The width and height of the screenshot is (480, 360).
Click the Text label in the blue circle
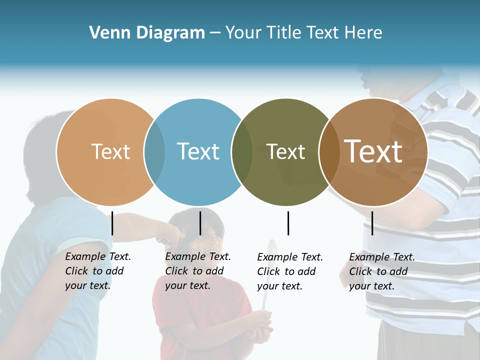[x=198, y=151]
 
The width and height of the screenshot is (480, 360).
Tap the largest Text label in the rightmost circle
[x=373, y=151]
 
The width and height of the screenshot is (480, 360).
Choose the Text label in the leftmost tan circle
[x=110, y=151]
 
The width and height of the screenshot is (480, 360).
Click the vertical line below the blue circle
[x=200, y=223]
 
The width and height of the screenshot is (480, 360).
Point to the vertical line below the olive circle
[x=288, y=223]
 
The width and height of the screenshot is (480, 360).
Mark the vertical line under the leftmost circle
[x=112, y=223]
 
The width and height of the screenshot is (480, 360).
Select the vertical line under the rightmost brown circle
[x=372, y=223]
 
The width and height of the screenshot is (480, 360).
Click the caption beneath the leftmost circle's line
[x=98, y=271]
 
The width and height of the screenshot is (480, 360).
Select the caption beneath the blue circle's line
[x=198, y=271]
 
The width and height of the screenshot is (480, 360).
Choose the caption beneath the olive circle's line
[x=290, y=271]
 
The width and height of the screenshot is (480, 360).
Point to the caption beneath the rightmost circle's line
[x=382, y=271]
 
